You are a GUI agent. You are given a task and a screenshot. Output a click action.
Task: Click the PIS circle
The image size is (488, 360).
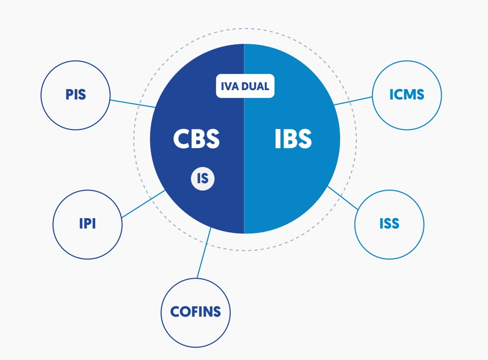click(75, 96)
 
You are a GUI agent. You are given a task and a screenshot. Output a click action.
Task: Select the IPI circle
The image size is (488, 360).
click(87, 225)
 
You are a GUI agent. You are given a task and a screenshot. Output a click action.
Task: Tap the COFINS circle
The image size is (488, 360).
click(196, 312)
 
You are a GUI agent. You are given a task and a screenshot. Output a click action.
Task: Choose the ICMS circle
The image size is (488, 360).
click(407, 96)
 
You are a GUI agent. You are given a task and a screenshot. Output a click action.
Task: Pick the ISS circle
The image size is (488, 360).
click(389, 225)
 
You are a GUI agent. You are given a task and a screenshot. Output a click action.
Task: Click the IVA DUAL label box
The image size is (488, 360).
click(245, 86)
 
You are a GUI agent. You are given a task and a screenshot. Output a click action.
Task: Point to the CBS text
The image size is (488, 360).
click(196, 139)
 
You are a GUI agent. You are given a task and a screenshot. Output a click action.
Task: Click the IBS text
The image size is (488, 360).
click(293, 139)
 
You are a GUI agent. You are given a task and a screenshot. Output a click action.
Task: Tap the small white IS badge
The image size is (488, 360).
click(203, 178)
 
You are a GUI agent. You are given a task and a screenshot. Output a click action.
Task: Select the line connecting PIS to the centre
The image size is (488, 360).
click(132, 103)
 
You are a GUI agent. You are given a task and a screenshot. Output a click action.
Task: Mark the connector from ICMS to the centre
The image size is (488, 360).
click(353, 100)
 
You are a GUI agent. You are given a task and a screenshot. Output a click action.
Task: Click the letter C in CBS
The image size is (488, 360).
click(180, 139)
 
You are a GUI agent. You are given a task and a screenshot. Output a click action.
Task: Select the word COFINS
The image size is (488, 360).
click(196, 312)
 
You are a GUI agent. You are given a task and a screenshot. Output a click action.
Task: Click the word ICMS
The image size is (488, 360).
click(407, 96)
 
